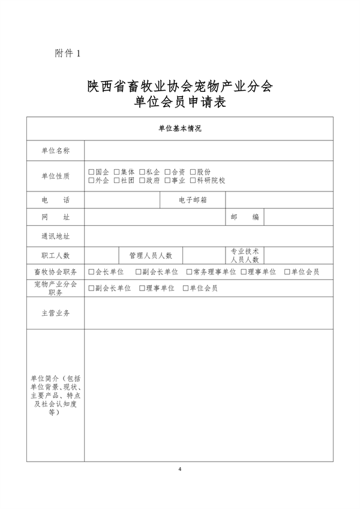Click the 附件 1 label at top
[67, 54]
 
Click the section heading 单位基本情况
[180, 128]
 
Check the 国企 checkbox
[91, 172]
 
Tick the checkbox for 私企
[142, 172]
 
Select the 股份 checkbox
[193, 172]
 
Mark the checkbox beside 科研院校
[193, 180]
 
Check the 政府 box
[142, 180]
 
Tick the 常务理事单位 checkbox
[189, 272]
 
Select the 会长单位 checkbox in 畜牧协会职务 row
[91, 272]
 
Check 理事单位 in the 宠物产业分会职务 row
[142, 288]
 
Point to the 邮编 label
[245, 217]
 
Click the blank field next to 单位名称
[208, 150]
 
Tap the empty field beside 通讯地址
[208, 236]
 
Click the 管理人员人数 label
[151, 256]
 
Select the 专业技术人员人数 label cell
[245, 256]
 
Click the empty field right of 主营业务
[208, 313]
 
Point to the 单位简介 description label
[55, 396]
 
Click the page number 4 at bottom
[180, 468]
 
